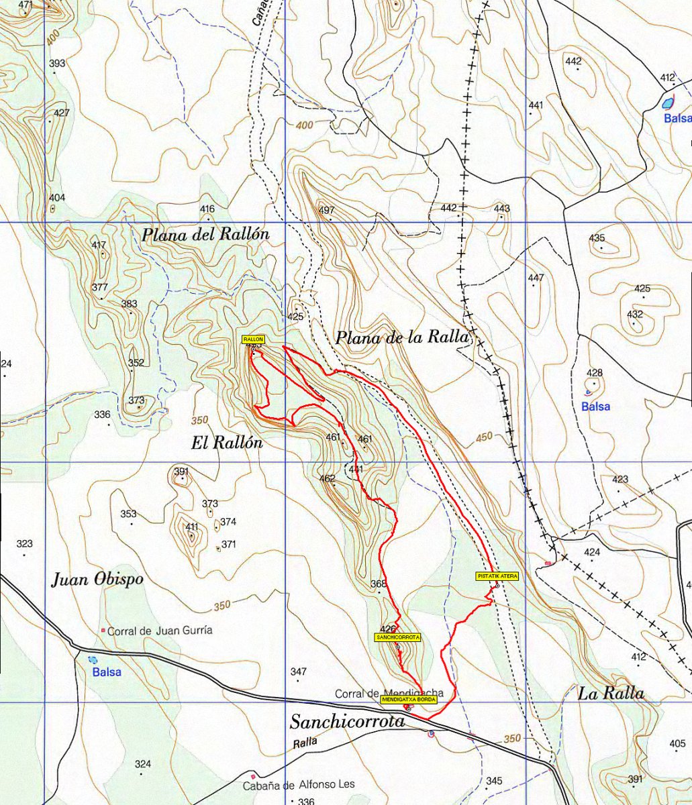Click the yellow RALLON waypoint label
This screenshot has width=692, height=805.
[254, 340]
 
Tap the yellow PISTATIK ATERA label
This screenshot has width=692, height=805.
[497, 576]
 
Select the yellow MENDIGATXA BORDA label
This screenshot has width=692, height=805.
[409, 699]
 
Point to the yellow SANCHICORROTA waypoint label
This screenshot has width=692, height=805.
[398, 637]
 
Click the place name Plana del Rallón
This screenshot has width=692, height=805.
[205, 235]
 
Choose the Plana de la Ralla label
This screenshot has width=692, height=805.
[401, 337]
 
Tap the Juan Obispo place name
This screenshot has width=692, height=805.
[97, 580]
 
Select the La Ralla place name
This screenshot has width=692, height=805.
[611, 694]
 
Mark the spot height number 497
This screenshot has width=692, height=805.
[327, 211]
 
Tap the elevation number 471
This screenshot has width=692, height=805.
[26, 5]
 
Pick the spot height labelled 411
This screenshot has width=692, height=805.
[192, 527]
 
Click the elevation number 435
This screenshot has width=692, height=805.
[597, 238]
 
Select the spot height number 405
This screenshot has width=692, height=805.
[677, 743]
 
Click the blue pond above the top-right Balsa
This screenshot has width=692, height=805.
[667, 103]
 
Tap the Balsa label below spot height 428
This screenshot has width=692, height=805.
[595, 407]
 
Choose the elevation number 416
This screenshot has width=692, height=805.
[207, 209]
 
